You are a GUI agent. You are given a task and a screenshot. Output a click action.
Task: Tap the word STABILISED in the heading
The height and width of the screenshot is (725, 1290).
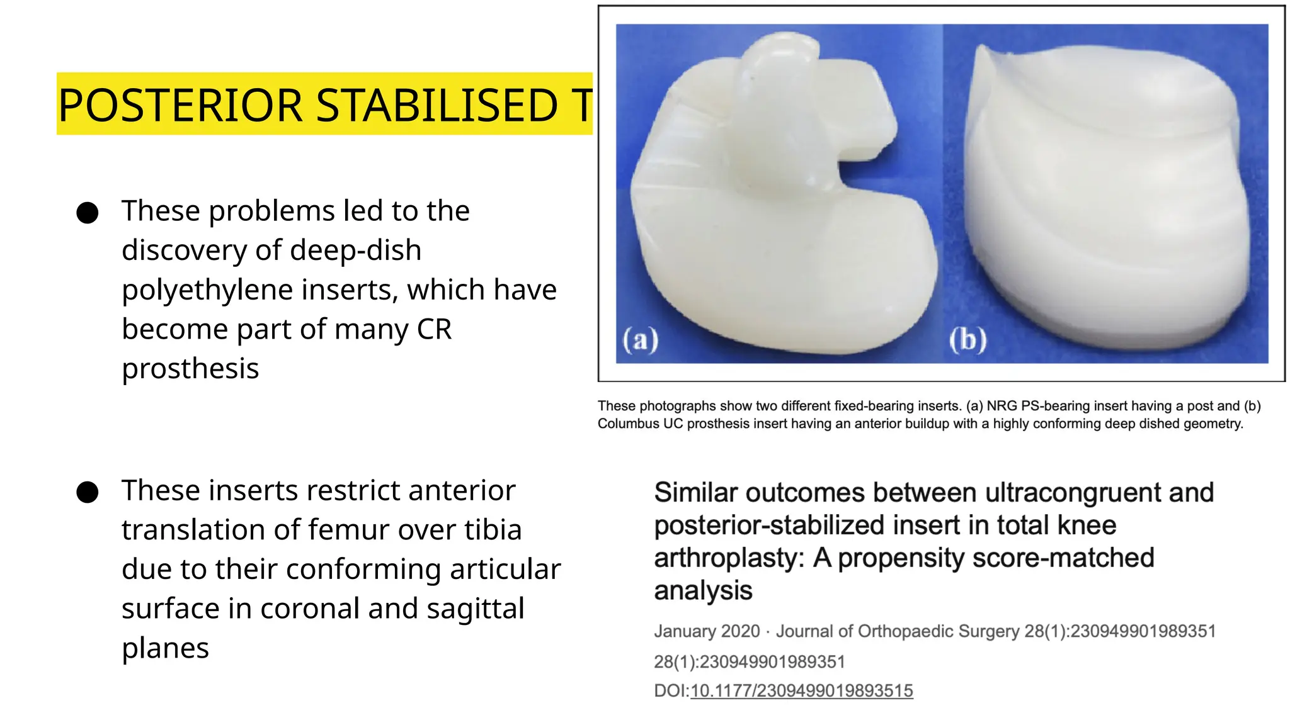coord(436,105)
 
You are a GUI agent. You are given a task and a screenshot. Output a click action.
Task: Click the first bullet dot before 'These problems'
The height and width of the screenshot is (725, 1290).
coord(88,213)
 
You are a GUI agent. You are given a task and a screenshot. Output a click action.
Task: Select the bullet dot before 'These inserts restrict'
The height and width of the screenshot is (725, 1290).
coord(88,492)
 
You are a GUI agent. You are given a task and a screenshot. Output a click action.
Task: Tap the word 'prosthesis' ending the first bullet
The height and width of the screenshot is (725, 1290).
coord(190,369)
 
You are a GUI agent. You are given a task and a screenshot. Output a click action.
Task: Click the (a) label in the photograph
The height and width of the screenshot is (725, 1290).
coord(641,340)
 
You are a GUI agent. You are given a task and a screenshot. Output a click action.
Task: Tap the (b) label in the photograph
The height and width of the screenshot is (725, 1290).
coord(968,340)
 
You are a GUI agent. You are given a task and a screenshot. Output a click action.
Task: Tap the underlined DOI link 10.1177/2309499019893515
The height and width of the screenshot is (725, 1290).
coord(801,691)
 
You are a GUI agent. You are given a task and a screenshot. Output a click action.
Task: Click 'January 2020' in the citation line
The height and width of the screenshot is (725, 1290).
coord(707,631)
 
